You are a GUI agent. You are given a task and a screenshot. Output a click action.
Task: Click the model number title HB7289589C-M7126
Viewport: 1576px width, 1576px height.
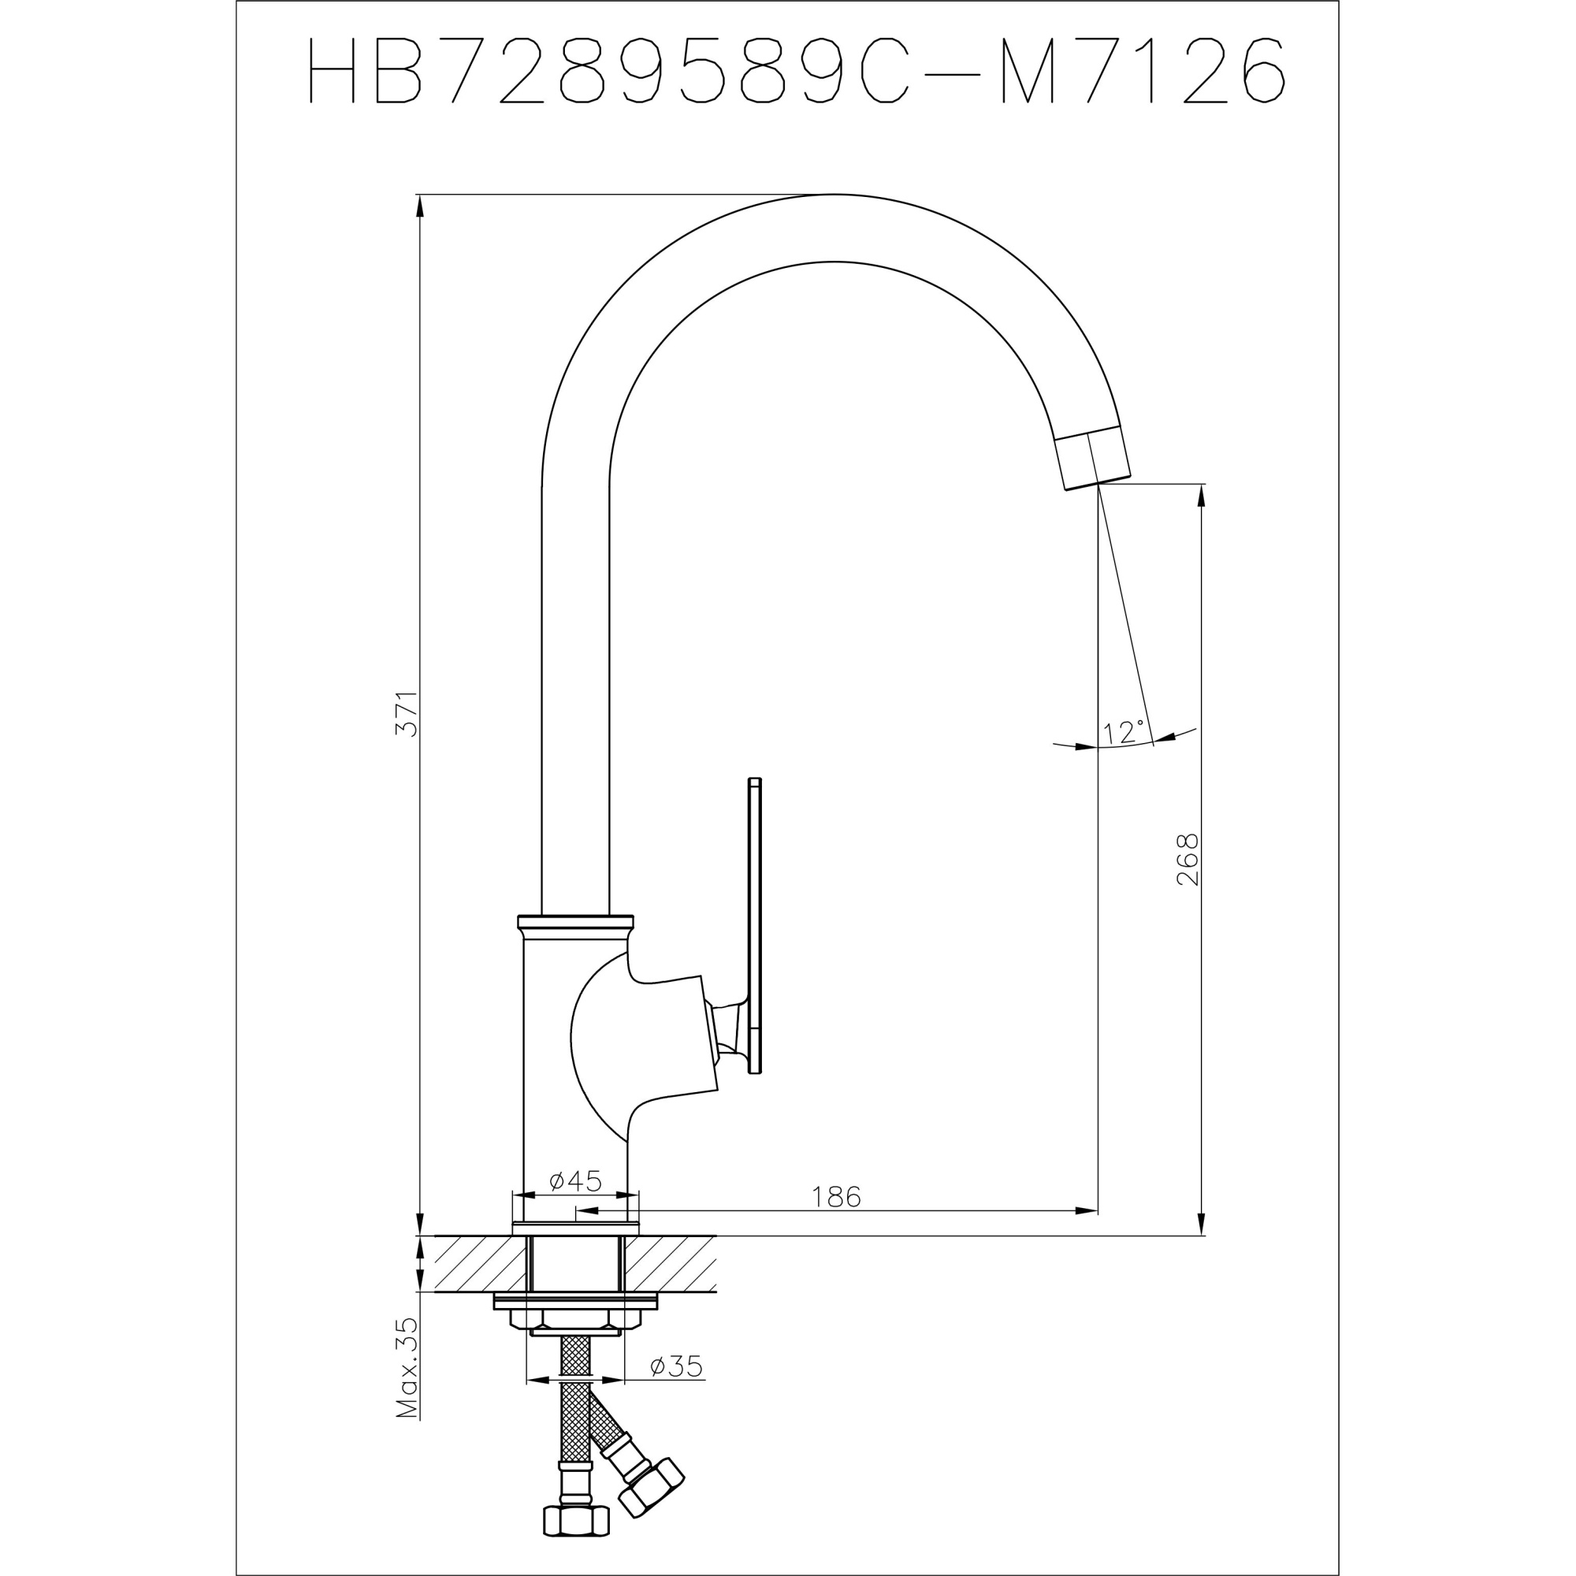click(795, 71)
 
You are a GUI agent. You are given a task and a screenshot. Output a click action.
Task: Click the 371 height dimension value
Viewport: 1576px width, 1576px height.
click(407, 714)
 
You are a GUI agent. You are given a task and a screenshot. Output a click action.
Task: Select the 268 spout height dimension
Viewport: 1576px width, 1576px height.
click(1188, 859)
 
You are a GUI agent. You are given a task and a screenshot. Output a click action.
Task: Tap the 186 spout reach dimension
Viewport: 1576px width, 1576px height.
click(836, 1197)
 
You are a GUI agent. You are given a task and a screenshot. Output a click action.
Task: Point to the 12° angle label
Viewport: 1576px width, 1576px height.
click(1124, 732)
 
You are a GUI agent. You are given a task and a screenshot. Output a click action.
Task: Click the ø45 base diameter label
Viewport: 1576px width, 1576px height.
click(575, 1180)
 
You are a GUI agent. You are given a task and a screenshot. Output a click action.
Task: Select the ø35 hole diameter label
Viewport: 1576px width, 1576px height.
click(676, 1366)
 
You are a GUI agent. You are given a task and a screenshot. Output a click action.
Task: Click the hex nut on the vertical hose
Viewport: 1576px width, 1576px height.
click(575, 1520)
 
